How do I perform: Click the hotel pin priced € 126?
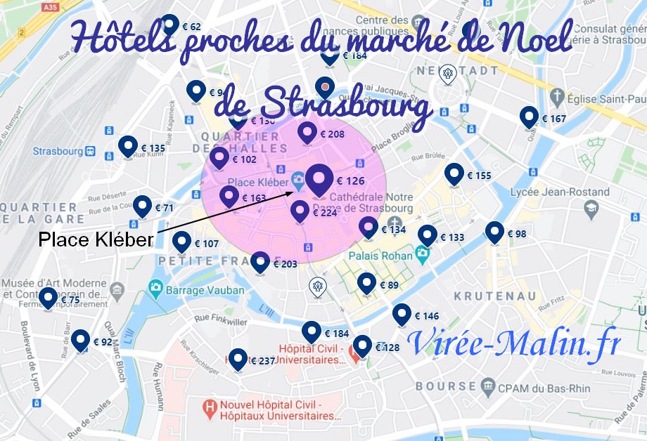tap(319, 180)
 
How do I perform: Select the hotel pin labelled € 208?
tap(307, 132)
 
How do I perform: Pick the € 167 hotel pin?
tap(529, 117)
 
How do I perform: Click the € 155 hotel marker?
tap(454, 174)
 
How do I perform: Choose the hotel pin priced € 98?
tap(494, 232)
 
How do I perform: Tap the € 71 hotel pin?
tap(143, 206)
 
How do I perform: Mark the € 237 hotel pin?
tap(238, 359)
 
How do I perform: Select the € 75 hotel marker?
tap(48, 298)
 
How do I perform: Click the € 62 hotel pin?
tap(169, 25)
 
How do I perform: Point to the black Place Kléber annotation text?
tap(96, 239)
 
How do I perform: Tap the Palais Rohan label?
tap(380, 256)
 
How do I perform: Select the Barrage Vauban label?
tap(205, 289)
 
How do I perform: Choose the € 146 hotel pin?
tap(402, 315)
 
